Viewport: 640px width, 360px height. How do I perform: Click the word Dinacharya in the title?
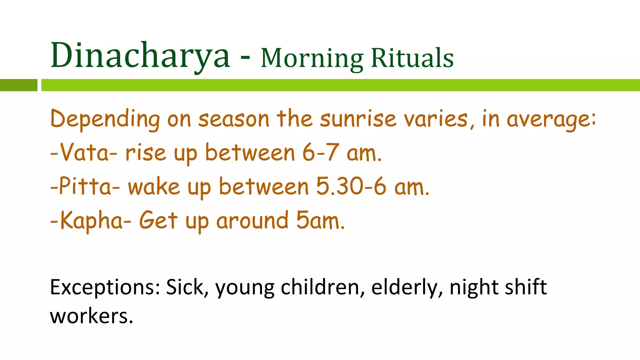140,56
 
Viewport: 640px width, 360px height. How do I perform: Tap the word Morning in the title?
312,58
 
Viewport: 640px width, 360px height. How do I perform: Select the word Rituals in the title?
412,58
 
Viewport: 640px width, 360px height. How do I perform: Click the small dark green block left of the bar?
18,85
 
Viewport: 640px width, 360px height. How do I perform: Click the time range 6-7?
320,153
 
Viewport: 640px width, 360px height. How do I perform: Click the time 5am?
320,221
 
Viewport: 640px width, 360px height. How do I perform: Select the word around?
252,221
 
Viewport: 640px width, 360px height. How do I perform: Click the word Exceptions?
105,287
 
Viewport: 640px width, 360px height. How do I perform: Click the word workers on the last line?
91,316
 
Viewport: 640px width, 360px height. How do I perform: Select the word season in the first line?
234,120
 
